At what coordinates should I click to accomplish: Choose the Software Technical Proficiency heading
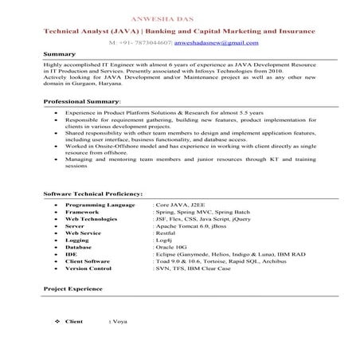[92, 194]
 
